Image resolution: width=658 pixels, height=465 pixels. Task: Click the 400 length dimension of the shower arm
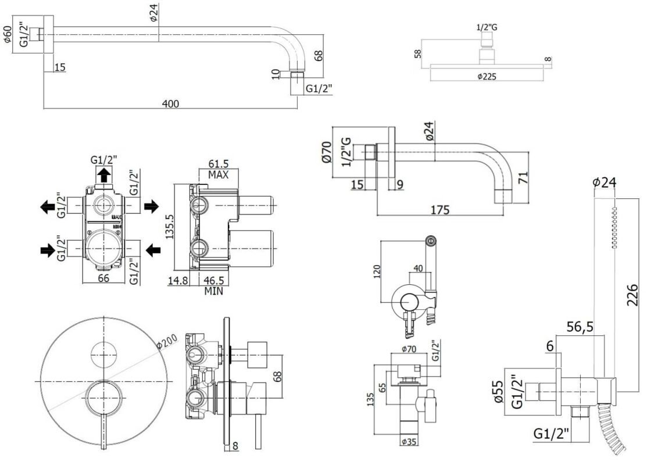170,103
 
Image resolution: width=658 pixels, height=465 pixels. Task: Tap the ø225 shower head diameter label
487,76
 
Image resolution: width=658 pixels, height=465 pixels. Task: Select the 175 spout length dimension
439,210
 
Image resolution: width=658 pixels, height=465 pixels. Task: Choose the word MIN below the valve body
214,291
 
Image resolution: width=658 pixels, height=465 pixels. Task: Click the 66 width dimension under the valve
103,279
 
